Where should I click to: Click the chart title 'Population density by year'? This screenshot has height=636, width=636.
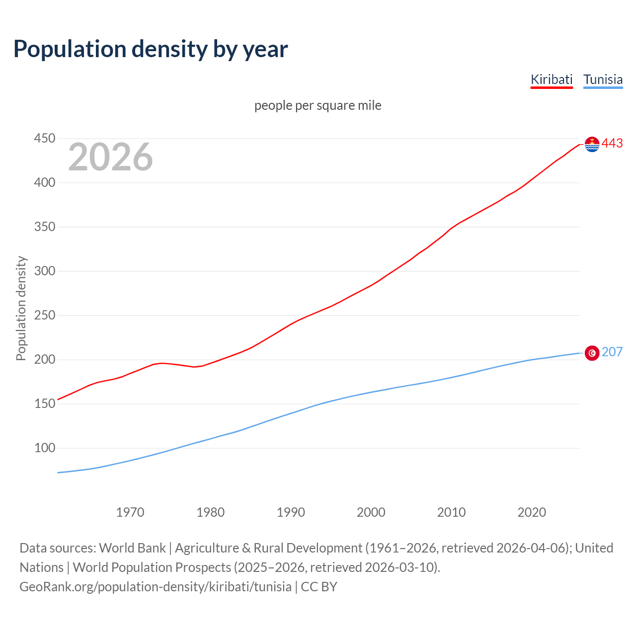pos(151,49)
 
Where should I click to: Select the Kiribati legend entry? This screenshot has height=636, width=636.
pos(552,79)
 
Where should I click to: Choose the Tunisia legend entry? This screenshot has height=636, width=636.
pos(603,79)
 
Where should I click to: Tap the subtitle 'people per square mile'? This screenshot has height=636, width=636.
pos(318,105)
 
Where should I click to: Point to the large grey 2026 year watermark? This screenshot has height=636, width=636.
pos(110,157)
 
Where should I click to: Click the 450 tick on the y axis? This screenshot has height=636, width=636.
pos(44,138)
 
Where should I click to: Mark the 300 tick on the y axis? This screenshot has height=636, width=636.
pos(44,271)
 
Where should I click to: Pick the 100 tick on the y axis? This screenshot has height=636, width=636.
pos(44,448)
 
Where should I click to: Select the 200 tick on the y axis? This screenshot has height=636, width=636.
pos(44,359)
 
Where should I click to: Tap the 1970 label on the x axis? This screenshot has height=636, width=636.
pos(130,512)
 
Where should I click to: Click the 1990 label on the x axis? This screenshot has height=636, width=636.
pos(291,512)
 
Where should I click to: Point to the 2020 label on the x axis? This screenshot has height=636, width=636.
pos(532,512)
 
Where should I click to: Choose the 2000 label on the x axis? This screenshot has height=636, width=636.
pos(371,512)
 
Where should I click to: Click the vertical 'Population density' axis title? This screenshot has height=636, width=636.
pos(21,308)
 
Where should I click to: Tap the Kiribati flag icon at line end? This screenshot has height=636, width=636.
pos(592,144)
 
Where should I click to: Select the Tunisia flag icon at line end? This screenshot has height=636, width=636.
pos(592,353)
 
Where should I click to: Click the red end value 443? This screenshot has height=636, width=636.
pos(612,144)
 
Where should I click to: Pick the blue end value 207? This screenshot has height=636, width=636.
pos(612,352)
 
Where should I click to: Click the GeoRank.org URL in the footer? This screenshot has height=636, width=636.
pos(156,587)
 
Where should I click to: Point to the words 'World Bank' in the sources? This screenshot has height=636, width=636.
pos(132,548)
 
